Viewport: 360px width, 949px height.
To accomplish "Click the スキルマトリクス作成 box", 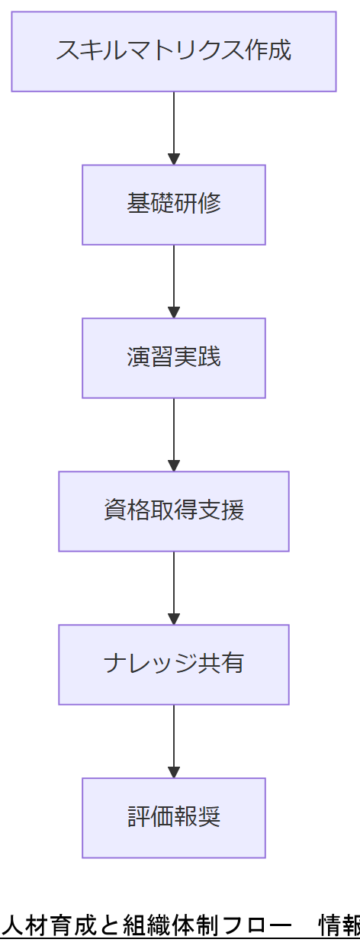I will pos(174,51).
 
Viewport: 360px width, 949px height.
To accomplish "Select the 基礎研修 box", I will pos(174,204).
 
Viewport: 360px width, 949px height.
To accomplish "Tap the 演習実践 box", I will pos(174,358).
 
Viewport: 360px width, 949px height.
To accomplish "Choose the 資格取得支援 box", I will pos(174,511).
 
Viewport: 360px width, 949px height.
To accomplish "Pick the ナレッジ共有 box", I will pos(174,664).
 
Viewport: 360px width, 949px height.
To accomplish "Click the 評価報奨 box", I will pos(174,818).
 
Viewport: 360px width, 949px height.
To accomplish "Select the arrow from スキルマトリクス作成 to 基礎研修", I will pos(174,126).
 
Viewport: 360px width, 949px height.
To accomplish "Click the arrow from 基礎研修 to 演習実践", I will pos(174,279).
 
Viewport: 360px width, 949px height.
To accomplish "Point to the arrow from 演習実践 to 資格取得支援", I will pos(174,433).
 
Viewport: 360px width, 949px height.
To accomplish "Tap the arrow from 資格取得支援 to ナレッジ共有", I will pos(174,586).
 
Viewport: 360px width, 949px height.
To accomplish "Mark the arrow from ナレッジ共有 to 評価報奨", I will pos(174,739).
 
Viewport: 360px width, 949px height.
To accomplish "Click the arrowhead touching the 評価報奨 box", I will pos(174,772).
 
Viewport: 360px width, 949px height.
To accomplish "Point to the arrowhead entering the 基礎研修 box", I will pos(174,159).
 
